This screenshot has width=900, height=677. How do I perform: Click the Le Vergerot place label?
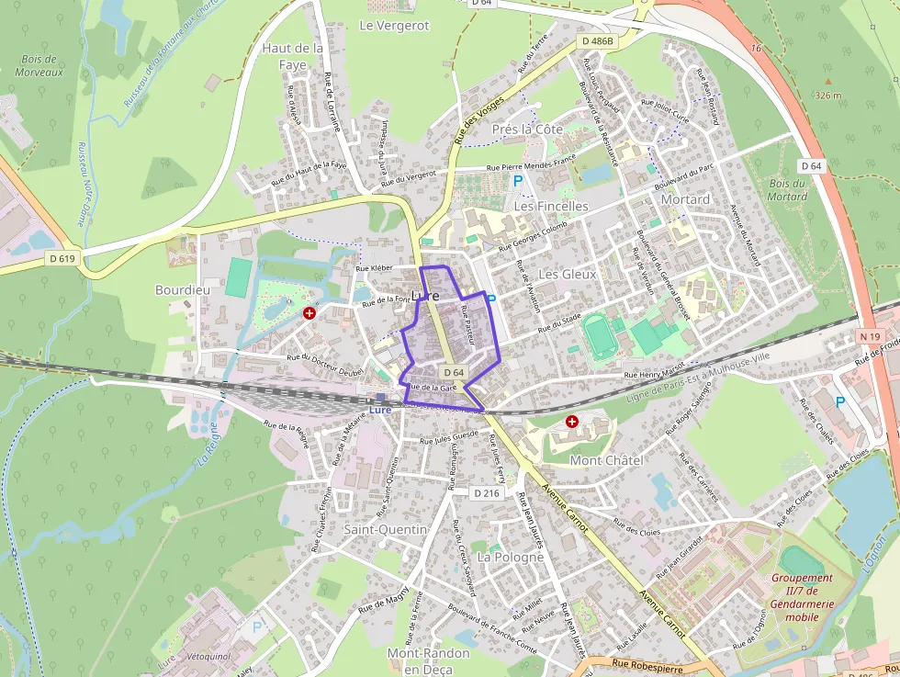(394, 26)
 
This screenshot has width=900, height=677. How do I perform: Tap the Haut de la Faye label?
(292, 56)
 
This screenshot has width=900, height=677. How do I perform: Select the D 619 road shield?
(62, 259)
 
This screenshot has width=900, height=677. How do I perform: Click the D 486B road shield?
(597, 42)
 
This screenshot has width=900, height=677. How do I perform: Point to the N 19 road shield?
(871, 337)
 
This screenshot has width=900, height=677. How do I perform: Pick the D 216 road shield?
(488, 493)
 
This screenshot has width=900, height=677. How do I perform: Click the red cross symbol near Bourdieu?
(309, 313)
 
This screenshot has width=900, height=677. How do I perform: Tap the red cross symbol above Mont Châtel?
(572, 422)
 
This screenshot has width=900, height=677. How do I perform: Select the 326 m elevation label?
(827, 96)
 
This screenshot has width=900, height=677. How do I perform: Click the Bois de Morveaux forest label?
(39, 65)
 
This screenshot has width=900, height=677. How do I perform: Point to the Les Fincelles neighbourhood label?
(551, 207)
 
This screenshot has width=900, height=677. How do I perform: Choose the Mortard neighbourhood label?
(685, 199)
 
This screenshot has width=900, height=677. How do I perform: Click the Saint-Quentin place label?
(386, 530)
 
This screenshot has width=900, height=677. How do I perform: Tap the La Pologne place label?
(511, 558)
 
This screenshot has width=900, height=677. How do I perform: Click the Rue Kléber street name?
(374, 268)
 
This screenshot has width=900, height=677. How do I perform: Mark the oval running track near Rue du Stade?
(599, 337)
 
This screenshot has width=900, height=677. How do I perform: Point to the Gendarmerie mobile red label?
(802, 597)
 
